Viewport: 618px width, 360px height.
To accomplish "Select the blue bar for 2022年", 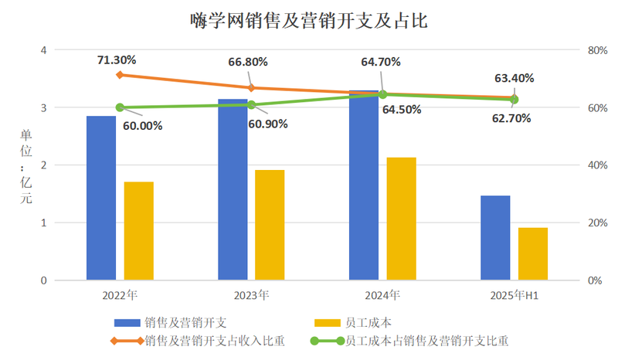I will (x=101, y=198).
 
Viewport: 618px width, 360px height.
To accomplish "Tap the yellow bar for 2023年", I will (x=270, y=225).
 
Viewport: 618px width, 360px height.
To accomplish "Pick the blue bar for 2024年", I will (x=364, y=185).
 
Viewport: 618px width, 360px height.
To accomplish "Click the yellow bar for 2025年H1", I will (x=533, y=253).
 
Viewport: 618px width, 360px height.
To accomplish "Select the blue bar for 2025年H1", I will (x=495, y=238).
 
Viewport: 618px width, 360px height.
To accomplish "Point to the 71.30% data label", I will (x=117, y=59).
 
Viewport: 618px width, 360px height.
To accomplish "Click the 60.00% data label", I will (x=143, y=124).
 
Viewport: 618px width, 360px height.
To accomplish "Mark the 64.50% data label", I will (x=402, y=110).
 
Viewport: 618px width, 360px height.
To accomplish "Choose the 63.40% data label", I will (x=514, y=78).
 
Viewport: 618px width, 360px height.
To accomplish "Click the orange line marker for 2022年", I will (x=120, y=75).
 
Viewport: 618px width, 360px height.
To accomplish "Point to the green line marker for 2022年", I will (x=120, y=107).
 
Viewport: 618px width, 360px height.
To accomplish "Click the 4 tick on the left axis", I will (x=43, y=50).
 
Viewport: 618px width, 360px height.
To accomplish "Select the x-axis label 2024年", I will (x=382, y=295).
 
